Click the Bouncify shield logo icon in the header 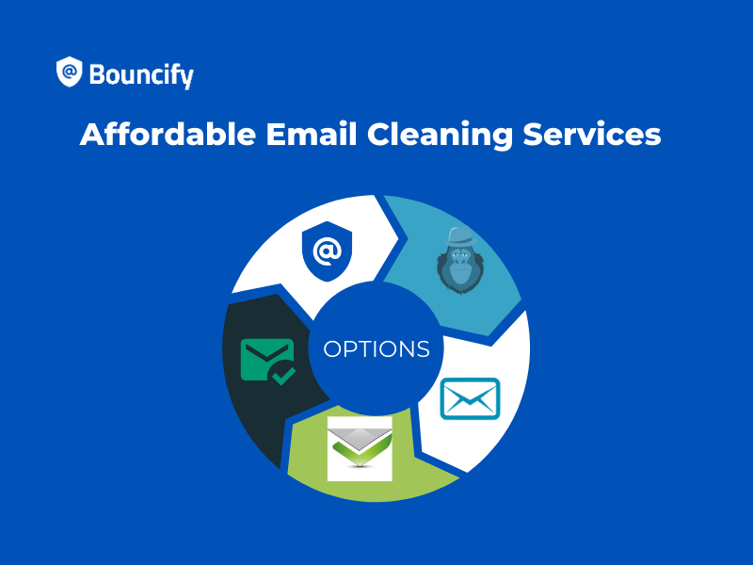(x=69, y=73)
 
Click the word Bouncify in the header (x=140, y=73)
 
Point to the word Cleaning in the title (x=441, y=135)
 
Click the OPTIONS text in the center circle (x=376, y=349)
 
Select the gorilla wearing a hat (x=457, y=261)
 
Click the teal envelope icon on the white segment (x=471, y=398)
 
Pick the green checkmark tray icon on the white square (x=360, y=448)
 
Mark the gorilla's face (x=457, y=269)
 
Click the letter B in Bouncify (x=97, y=73)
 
